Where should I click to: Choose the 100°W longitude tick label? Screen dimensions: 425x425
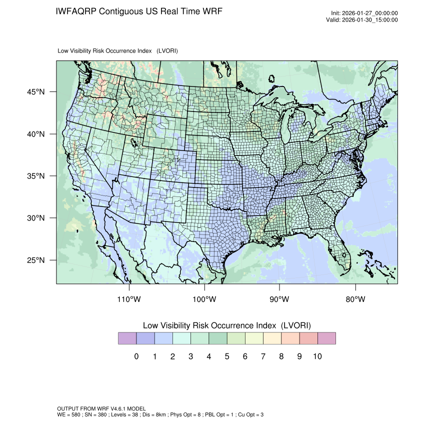(204, 299)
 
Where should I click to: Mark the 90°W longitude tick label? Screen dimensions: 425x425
(279, 299)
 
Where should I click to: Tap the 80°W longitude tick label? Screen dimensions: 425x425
(355, 299)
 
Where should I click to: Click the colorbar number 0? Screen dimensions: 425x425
(136, 356)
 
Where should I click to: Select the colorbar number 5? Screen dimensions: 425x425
(227, 356)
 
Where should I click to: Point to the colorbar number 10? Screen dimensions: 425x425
(317, 356)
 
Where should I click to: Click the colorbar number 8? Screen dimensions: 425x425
(281, 356)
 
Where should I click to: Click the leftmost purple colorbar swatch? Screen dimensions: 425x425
(127, 338)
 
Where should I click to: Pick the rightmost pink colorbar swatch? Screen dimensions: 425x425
(326, 338)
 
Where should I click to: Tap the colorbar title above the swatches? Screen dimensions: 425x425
(227, 325)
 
